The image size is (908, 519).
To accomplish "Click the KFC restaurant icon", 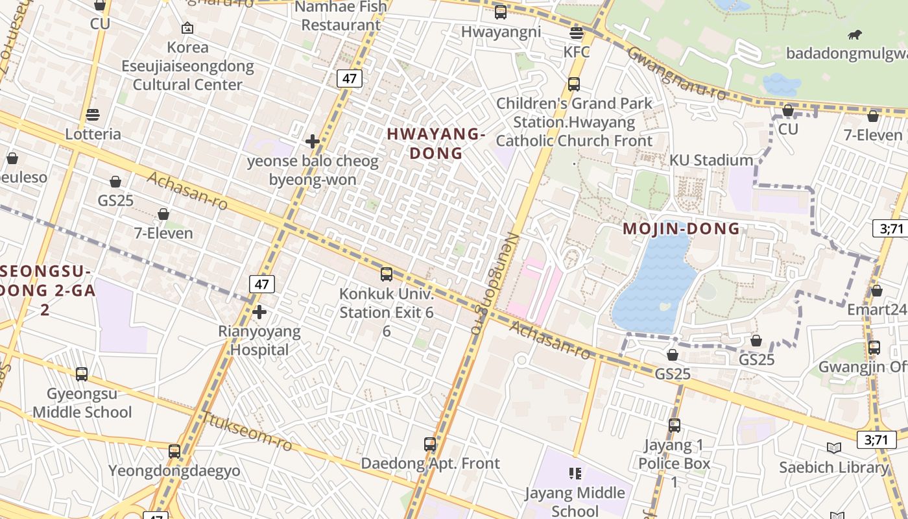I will click(x=576, y=32).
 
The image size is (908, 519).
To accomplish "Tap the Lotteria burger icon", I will click(x=93, y=115).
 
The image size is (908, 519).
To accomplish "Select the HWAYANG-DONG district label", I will click(x=436, y=143).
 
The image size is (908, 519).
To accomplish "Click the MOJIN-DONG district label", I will click(x=681, y=228).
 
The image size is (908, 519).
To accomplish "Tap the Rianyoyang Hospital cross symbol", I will click(x=259, y=313).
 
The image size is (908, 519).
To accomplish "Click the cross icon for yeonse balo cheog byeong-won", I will click(x=313, y=141).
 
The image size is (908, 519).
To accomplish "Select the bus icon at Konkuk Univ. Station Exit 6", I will click(x=387, y=274).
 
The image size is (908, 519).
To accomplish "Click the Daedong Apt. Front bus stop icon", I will click(x=430, y=444).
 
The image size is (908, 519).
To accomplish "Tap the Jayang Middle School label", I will click(x=575, y=501).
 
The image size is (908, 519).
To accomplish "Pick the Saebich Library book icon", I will click(x=834, y=448).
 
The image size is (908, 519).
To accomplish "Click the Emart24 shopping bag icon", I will click(x=876, y=291).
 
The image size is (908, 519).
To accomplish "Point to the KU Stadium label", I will click(x=711, y=160).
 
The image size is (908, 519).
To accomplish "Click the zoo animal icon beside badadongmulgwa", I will click(x=854, y=35).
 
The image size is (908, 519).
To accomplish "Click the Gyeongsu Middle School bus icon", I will click(x=82, y=374).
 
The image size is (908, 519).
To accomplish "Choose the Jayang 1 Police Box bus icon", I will click(x=675, y=426).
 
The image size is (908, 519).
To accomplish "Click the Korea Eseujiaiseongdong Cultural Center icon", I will click(x=187, y=28).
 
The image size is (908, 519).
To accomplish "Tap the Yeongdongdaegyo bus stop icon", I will click(x=174, y=452).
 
